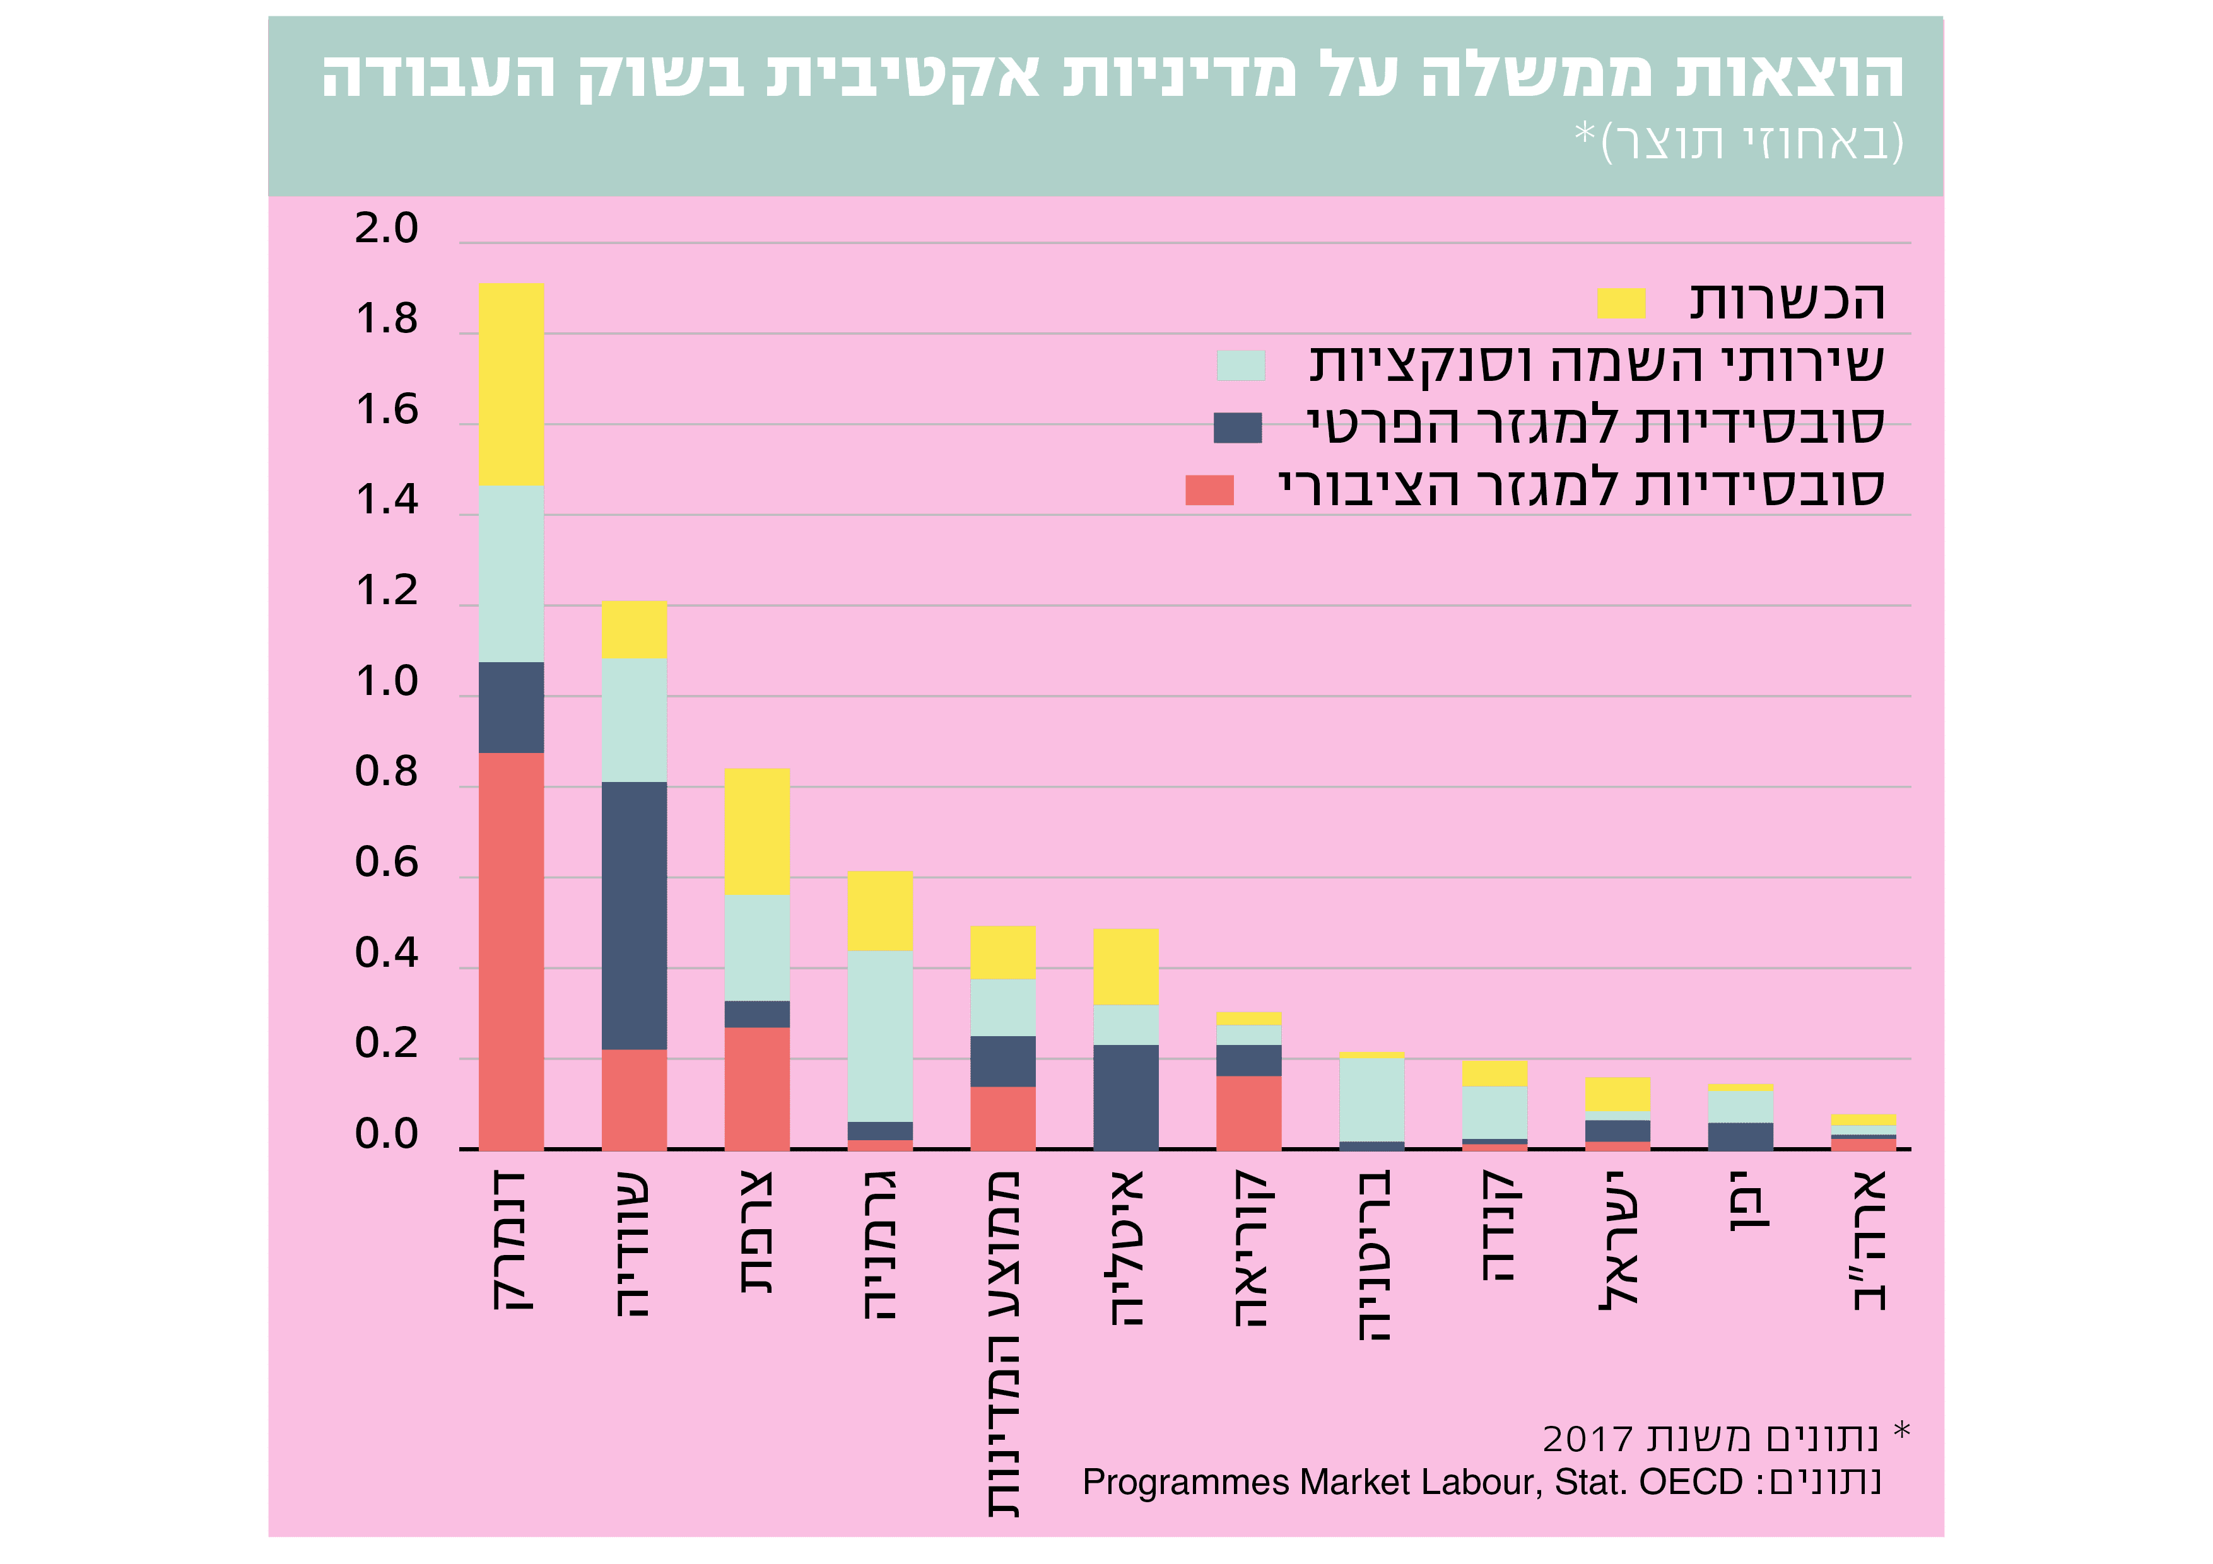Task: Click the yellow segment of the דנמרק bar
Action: point(511,383)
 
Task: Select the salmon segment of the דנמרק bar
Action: point(511,950)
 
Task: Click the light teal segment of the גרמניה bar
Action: point(880,1036)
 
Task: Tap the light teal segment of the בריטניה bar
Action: point(1371,1099)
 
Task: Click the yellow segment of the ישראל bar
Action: point(1617,1094)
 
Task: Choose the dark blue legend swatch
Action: point(1238,427)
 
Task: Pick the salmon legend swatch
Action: point(1209,489)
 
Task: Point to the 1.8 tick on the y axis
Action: point(387,319)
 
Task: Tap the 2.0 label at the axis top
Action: point(387,228)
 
